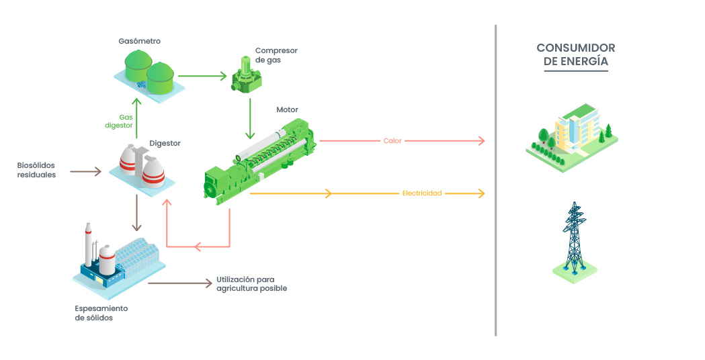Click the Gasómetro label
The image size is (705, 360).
139,41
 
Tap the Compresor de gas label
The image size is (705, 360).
276,55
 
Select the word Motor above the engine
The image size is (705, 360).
287,109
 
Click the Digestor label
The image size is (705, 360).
165,143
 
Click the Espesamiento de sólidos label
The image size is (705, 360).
101,313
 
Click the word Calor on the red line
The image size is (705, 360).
392,141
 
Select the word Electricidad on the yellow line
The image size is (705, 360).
422,193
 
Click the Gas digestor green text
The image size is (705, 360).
121,121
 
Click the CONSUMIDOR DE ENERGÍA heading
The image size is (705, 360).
575,54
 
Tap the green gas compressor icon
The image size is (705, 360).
247,75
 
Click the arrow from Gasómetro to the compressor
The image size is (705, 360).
202,76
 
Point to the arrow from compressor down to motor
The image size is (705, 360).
250,118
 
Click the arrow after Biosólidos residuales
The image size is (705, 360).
85,172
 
